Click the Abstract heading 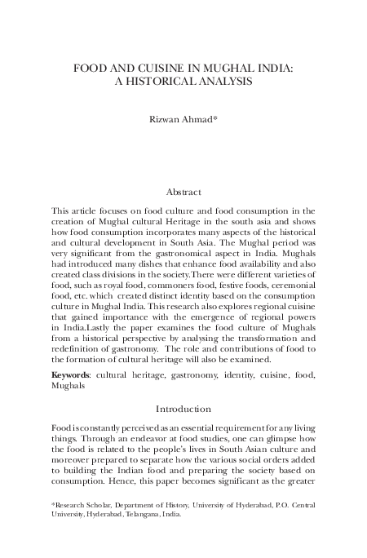pos(183,192)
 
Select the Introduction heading pos(183,408)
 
